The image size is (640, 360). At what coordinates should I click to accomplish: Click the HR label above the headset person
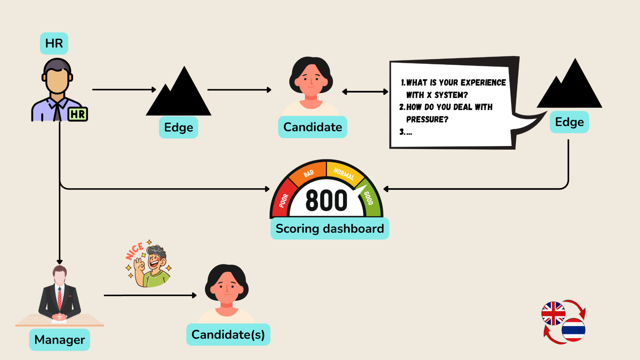point(54,43)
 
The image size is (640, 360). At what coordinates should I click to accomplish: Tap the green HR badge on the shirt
point(78,114)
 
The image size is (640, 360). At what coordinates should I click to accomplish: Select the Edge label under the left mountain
point(178,127)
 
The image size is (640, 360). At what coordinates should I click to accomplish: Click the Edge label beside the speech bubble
point(569,122)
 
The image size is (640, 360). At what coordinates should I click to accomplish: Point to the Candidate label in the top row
point(312,127)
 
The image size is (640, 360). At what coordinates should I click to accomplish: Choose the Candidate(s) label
point(228,335)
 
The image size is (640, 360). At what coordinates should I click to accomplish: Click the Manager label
point(59,340)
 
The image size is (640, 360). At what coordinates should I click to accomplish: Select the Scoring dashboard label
point(330,229)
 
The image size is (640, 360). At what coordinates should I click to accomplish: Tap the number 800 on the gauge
point(326,201)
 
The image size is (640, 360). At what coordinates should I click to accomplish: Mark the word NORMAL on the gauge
point(344,174)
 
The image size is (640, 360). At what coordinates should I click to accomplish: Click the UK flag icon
point(553,313)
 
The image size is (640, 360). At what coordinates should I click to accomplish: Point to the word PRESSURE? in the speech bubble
point(427,119)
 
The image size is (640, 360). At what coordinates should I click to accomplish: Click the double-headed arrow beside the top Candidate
point(365,92)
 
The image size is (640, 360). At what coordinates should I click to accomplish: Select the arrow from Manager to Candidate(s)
point(150,295)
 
